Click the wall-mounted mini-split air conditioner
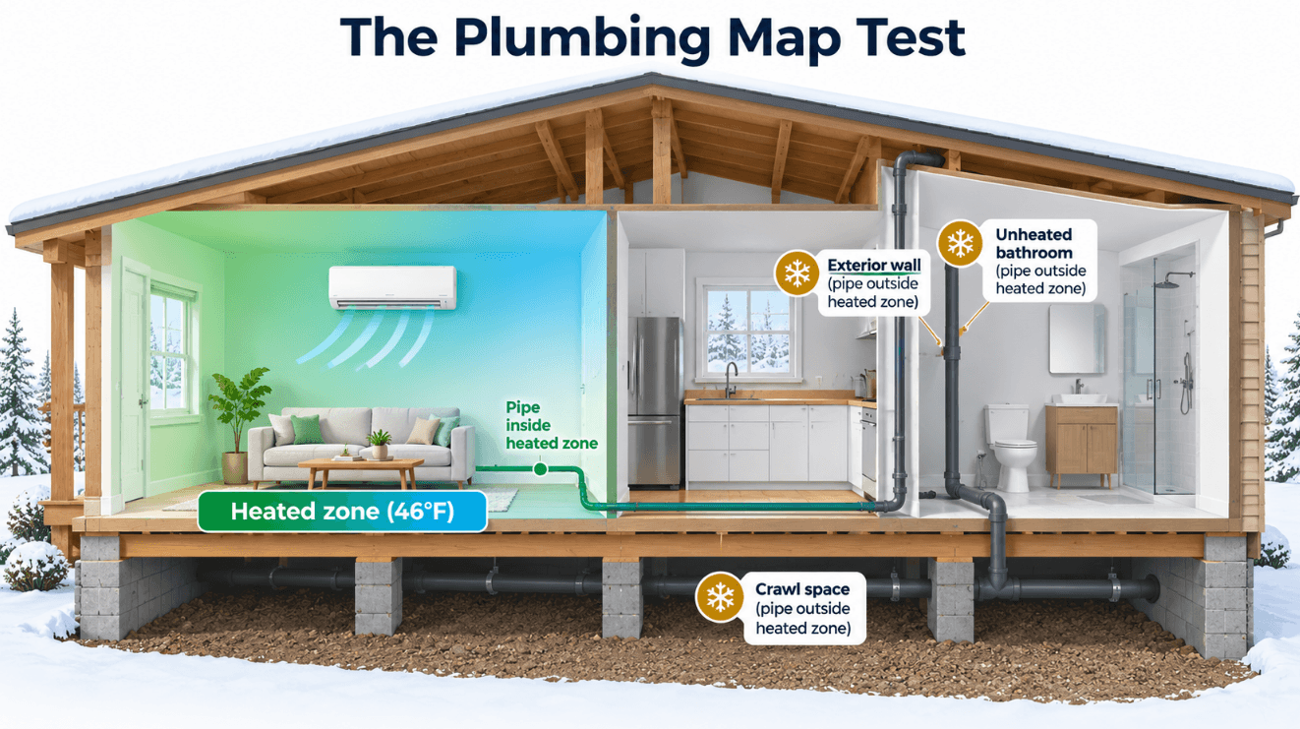pyautogui.click(x=392, y=287)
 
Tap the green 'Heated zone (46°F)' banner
pyautogui.click(x=342, y=512)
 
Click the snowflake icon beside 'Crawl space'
pyautogui.click(x=720, y=598)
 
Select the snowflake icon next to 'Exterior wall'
pyautogui.click(x=798, y=273)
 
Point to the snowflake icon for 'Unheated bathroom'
pyautogui.click(x=961, y=243)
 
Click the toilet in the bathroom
pyautogui.click(x=1010, y=447)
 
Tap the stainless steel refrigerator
pyautogui.click(x=655, y=401)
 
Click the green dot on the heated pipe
pyautogui.click(x=540, y=468)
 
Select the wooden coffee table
pyautogui.click(x=361, y=472)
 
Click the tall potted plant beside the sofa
pyautogui.click(x=240, y=425)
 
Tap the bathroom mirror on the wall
pyautogui.click(x=1077, y=339)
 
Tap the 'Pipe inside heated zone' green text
pyautogui.click(x=552, y=425)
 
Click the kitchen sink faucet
pyautogui.click(x=730, y=380)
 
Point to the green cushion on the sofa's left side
pyautogui.click(x=307, y=430)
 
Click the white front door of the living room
pyautogui.click(x=134, y=383)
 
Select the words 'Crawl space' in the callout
pyautogui.click(x=802, y=589)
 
